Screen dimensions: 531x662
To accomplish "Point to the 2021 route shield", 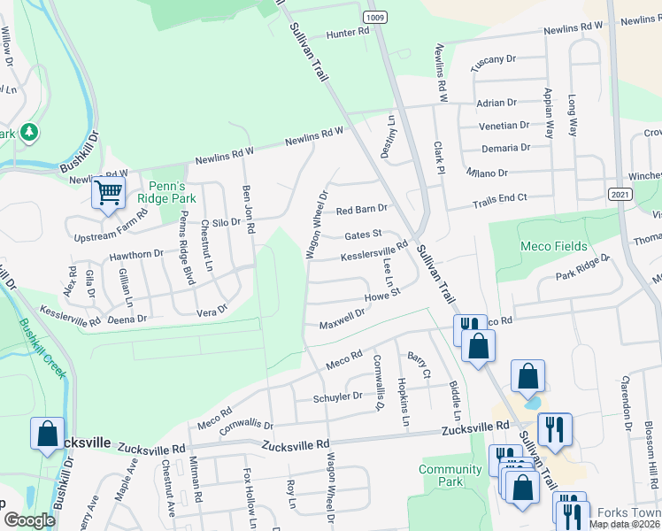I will pos(620,194).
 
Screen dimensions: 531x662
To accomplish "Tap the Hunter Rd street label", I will pos(347,33).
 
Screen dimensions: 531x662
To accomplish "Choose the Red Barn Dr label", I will pos(362,210).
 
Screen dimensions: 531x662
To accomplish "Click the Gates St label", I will pos(363,235).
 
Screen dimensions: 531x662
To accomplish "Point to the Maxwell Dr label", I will pos(343,315).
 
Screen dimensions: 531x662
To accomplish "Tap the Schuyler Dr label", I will pos(338,397).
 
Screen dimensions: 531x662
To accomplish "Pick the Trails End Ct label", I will pos(499,198).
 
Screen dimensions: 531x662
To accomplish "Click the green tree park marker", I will pos(30,132).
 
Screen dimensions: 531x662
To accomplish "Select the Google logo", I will pos(29,519).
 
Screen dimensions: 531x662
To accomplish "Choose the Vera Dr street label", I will pos(212,311).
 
